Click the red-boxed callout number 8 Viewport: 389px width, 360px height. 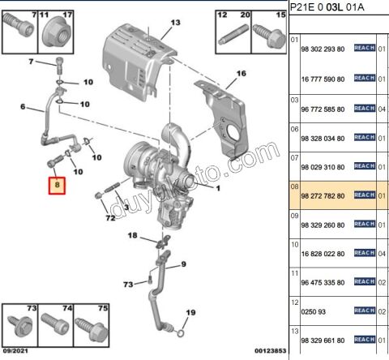point(57,185)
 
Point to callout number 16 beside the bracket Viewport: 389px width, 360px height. point(240,74)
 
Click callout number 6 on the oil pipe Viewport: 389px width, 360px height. point(24,107)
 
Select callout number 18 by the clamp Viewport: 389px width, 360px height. point(133,235)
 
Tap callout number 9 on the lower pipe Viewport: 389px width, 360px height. point(183,264)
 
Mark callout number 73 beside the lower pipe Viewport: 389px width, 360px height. point(128,285)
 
